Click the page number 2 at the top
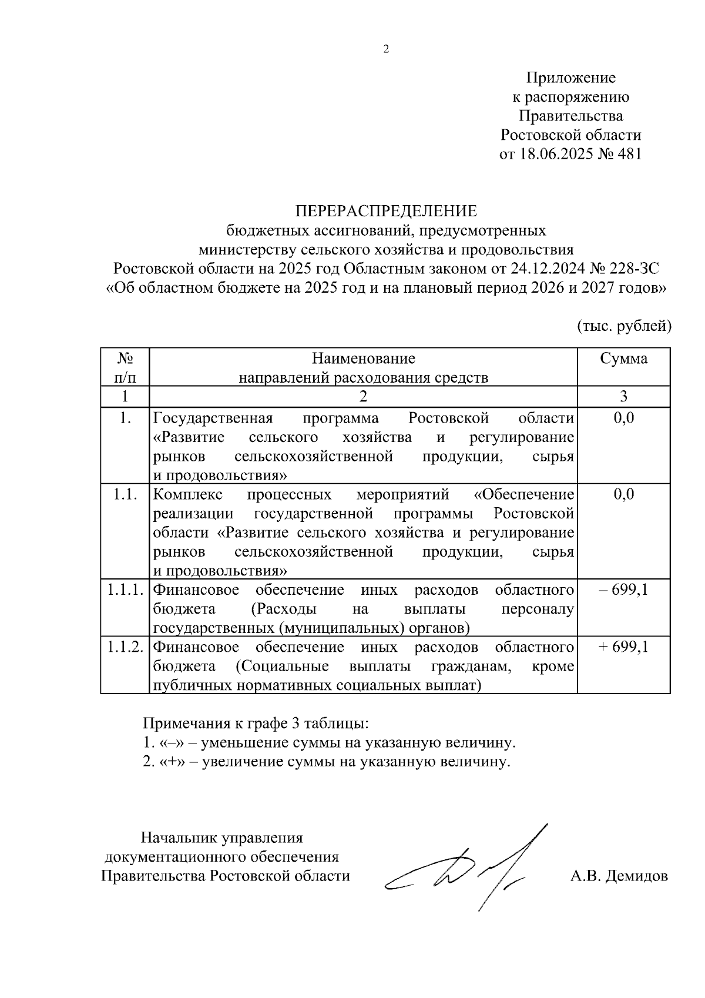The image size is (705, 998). click(x=386, y=49)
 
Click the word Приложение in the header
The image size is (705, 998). click(x=570, y=78)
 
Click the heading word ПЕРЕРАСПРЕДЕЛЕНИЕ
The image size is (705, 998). click(x=386, y=210)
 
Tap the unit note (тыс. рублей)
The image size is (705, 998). click(x=624, y=326)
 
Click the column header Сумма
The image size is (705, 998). click(x=623, y=359)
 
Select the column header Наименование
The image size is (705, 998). click(x=363, y=359)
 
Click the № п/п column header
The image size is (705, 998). click(x=125, y=367)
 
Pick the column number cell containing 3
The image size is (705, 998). click(x=623, y=397)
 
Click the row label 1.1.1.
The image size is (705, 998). click(x=125, y=590)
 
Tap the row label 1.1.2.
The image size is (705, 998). click(x=125, y=647)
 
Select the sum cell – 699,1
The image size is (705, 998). click(x=623, y=590)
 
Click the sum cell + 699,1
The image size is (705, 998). click(x=623, y=647)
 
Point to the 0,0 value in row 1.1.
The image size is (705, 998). click(x=623, y=494)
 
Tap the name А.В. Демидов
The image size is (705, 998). click(x=619, y=876)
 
